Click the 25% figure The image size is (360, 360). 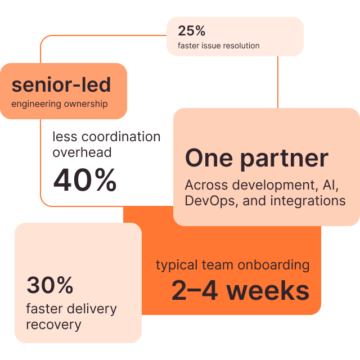tap(191, 31)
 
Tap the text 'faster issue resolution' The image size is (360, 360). tap(219, 46)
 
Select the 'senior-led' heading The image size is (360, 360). tap(61, 85)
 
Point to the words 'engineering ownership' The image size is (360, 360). tap(60, 104)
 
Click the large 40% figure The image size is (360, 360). tap(85, 180)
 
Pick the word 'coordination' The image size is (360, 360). tap(121, 137)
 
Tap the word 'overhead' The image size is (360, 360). tap(82, 152)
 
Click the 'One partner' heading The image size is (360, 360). tap(256, 159)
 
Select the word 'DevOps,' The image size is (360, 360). tap(211, 201)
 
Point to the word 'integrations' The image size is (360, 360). tap(308, 201)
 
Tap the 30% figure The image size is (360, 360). tap(50, 285)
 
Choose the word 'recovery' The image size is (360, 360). tap(54, 325)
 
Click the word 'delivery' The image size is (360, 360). tap(92, 309)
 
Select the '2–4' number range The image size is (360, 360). tap(195, 290)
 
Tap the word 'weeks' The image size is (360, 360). tap(268, 290)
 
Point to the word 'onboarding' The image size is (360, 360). tap(273, 265)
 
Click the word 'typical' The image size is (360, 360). tap(177, 265)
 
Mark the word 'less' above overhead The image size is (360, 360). tap(65, 137)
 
